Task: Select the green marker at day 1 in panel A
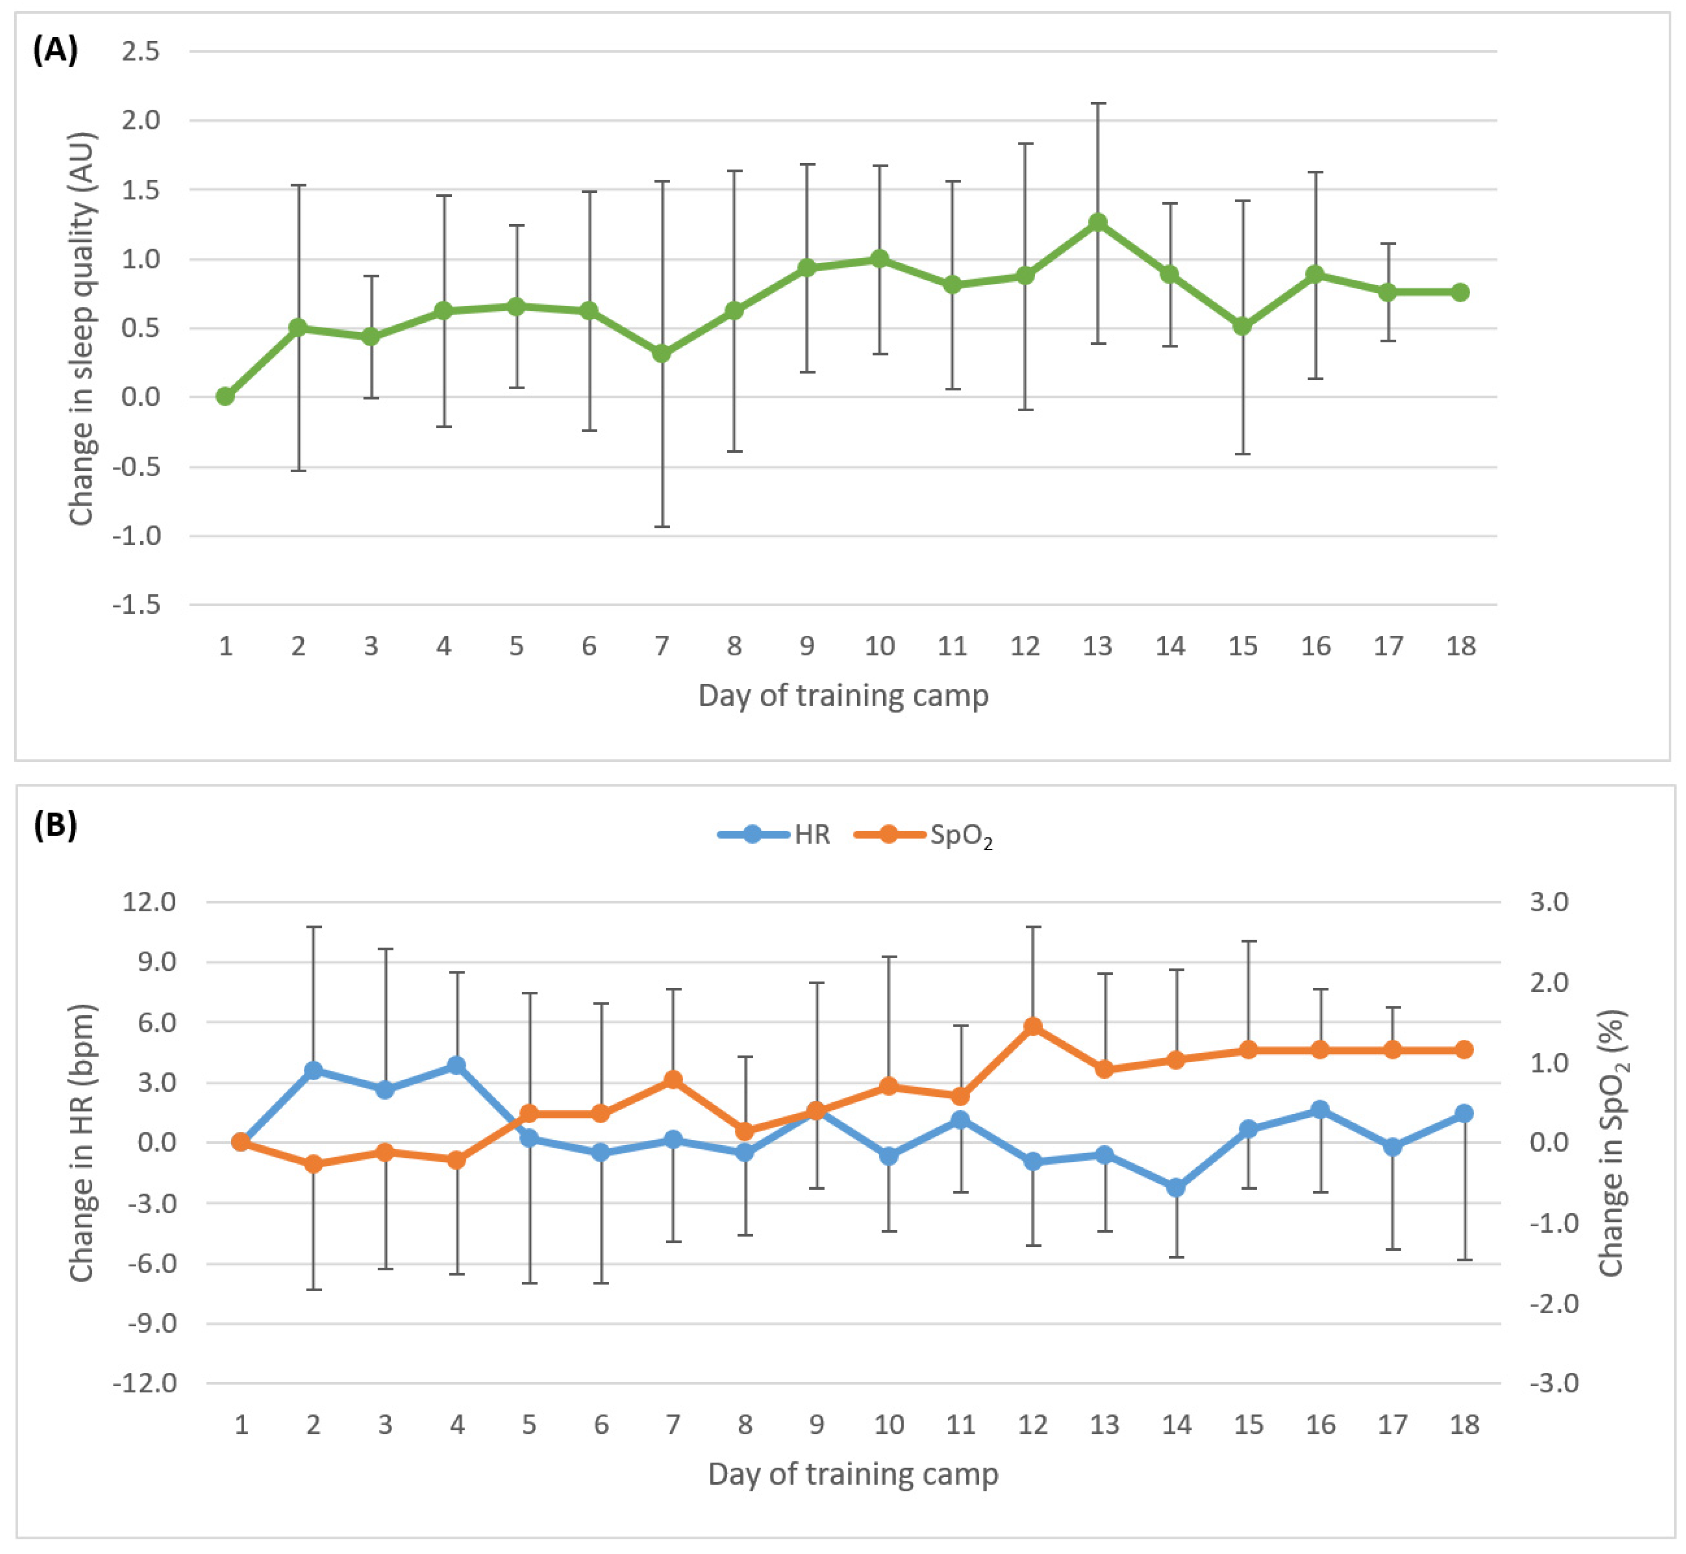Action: [x=225, y=396]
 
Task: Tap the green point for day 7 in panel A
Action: [x=662, y=353]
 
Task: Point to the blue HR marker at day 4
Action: [x=457, y=1066]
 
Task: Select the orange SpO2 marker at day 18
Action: [x=1464, y=1050]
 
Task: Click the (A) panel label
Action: [x=56, y=50]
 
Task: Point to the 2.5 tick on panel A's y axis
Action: [x=141, y=51]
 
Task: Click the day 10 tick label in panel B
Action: [x=889, y=1425]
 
